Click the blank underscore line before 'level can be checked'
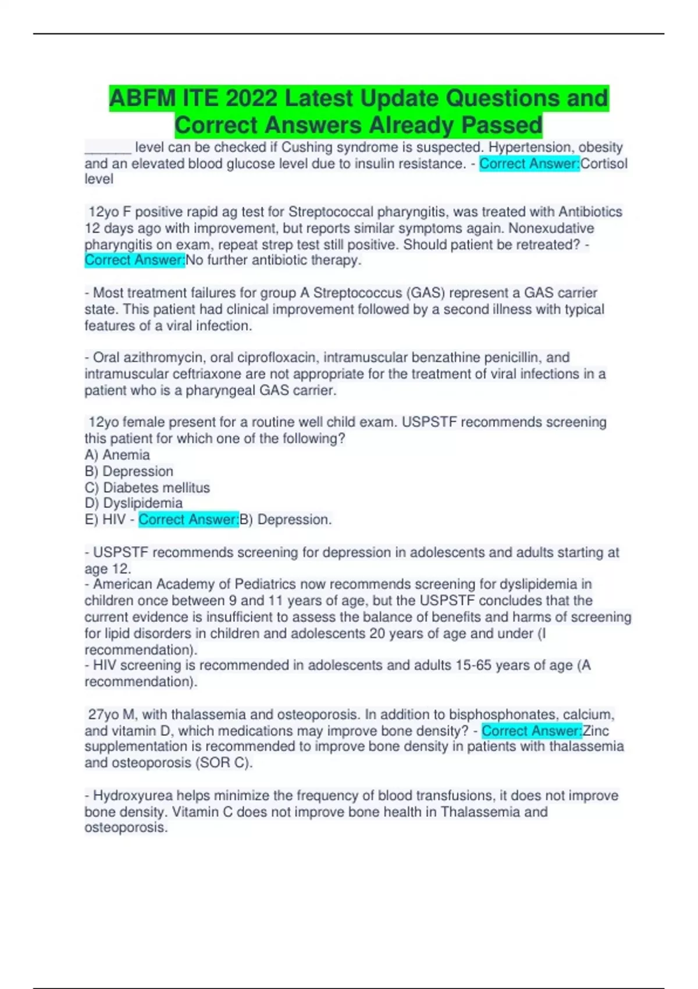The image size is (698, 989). [108, 148]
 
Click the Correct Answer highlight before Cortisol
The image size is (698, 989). [529, 163]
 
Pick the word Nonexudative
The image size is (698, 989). [551, 228]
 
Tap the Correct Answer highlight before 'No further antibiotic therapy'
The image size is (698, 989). [135, 260]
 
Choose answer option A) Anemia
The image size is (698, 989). [117, 455]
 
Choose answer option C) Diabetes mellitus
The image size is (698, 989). [147, 488]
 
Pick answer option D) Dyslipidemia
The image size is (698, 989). [134, 503]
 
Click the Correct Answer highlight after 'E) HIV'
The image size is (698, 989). [188, 520]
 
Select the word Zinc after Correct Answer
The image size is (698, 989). [596, 731]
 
